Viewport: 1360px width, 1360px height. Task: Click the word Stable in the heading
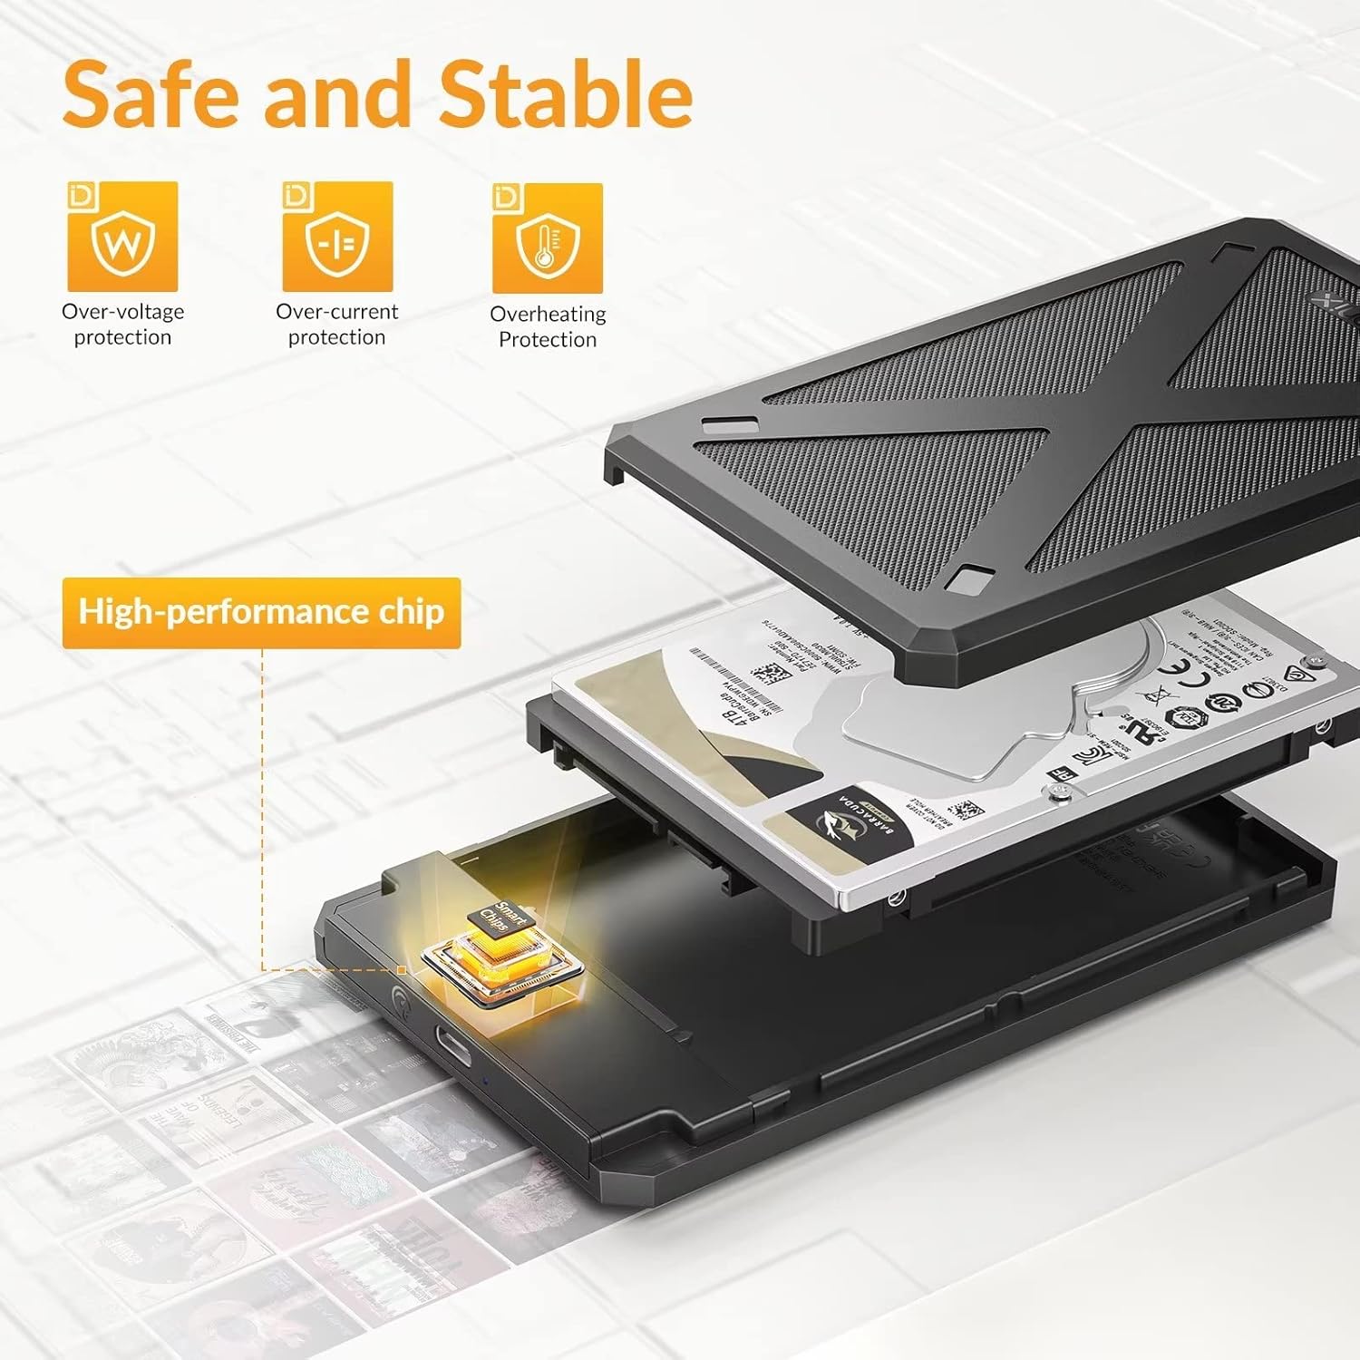tap(565, 94)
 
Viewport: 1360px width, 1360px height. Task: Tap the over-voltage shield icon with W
tap(122, 237)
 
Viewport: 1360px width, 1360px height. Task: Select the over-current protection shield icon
tap(337, 237)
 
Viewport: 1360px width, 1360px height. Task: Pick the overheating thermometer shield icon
tap(547, 238)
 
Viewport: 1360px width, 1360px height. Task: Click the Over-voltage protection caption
tap(122, 325)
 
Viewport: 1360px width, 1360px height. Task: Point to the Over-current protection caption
tap(337, 325)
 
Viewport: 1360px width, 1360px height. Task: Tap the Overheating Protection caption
tap(548, 326)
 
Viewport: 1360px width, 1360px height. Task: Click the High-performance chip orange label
tap(261, 612)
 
